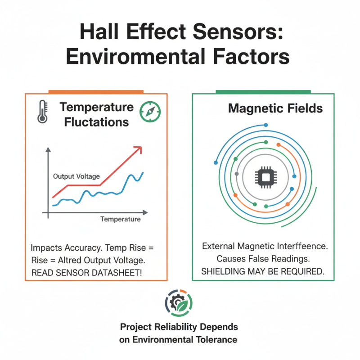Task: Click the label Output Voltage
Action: point(76,176)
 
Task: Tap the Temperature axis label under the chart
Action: point(120,219)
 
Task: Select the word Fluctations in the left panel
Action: point(97,122)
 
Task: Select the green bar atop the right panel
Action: point(263,91)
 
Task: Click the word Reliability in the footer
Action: point(171,327)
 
